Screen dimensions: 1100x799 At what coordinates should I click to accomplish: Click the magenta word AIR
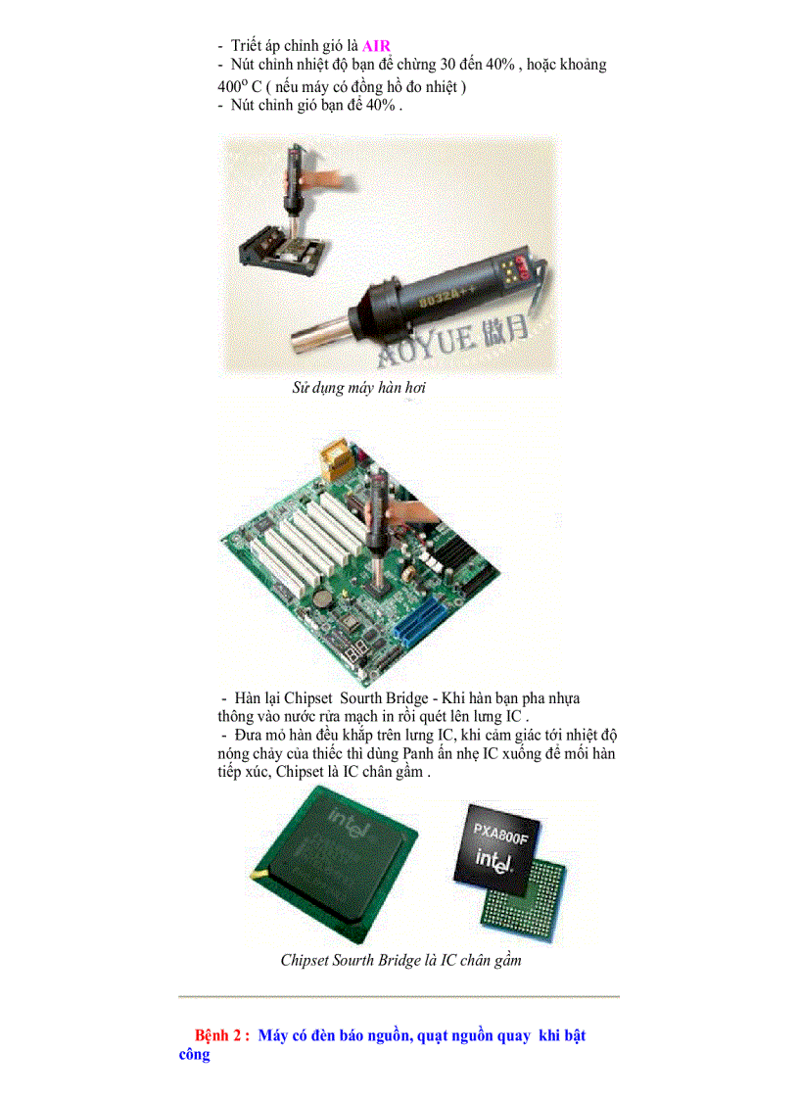[x=376, y=45]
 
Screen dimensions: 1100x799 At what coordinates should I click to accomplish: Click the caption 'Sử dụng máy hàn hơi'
[x=358, y=388]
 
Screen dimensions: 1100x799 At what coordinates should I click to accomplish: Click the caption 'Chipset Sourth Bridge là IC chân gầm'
[x=400, y=960]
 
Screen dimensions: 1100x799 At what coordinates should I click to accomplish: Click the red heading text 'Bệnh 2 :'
[x=222, y=1035]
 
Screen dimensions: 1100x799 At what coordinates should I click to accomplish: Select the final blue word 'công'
[x=194, y=1055]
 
